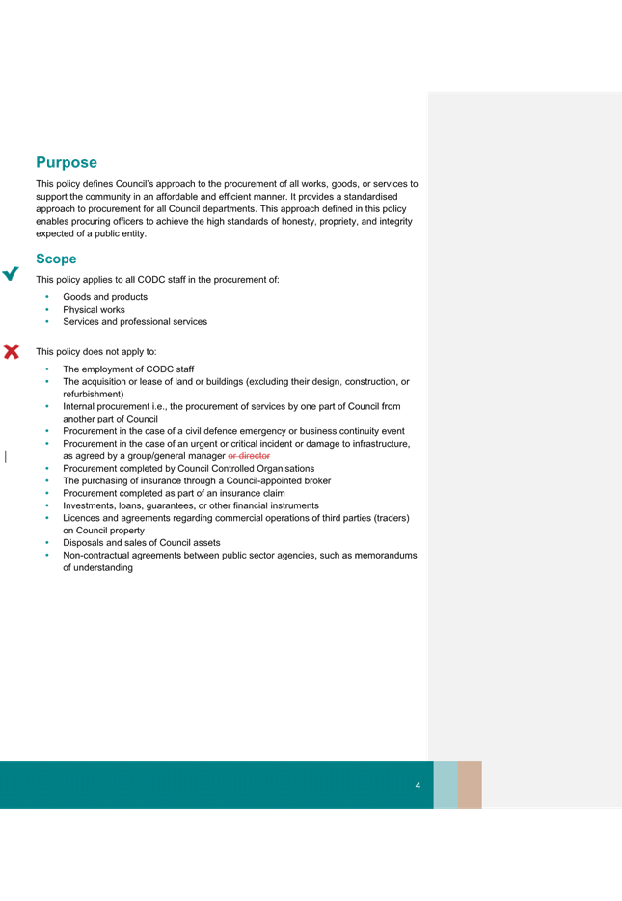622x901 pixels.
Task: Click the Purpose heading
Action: [x=67, y=163]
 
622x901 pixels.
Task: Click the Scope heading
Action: [x=56, y=259]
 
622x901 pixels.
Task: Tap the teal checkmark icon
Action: [x=11, y=274]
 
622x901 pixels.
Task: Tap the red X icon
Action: [x=12, y=352]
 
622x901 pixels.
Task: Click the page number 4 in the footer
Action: [x=418, y=785]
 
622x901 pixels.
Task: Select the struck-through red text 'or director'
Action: [x=249, y=456]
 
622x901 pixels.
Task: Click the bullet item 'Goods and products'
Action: [x=105, y=297]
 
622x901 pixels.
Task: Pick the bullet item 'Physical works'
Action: [x=94, y=309]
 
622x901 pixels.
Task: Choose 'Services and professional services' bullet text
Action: [x=135, y=322]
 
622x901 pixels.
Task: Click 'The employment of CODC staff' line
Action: [x=128, y=369]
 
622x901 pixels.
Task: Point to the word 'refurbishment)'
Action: [x=93, y=395]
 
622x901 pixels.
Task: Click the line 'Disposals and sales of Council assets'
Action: [x=142, y=543]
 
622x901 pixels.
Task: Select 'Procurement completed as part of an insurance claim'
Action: [x=174, y=493]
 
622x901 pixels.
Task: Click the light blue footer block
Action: [x=446, y=785]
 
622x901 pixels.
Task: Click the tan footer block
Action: [x=470, y=785]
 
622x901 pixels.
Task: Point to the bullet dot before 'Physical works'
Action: [x=47, y=309]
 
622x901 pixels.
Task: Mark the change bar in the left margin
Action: [x=6, y=456]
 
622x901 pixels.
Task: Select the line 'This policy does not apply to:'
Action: [x=95, y=352]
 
